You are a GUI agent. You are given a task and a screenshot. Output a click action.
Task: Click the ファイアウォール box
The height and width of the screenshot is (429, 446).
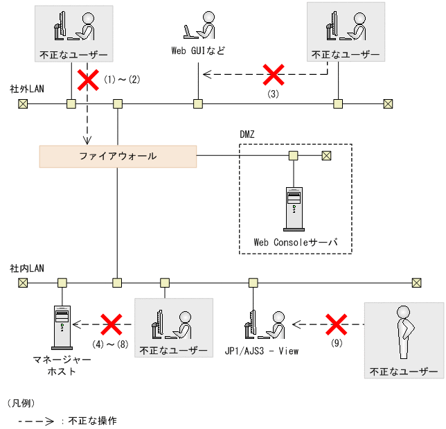click(118, 156)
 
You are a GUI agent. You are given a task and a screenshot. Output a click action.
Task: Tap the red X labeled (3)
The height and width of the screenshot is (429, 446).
click(273, 73)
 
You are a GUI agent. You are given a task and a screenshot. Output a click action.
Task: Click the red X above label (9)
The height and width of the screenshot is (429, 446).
click(337, 323)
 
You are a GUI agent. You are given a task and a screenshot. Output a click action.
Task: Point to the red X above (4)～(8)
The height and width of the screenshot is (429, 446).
click(111, 323)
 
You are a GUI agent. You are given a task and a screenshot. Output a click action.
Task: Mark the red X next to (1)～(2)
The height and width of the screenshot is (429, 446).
click(87, 79)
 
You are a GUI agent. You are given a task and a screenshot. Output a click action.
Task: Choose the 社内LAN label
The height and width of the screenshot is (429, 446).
click(26, 268)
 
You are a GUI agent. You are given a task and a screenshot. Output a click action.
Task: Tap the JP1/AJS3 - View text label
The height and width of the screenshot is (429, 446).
click(262, 351)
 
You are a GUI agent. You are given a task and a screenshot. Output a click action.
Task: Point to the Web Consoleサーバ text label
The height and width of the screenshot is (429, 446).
click(295, 243)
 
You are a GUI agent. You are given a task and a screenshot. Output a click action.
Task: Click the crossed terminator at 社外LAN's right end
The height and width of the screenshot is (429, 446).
click(388, 104)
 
